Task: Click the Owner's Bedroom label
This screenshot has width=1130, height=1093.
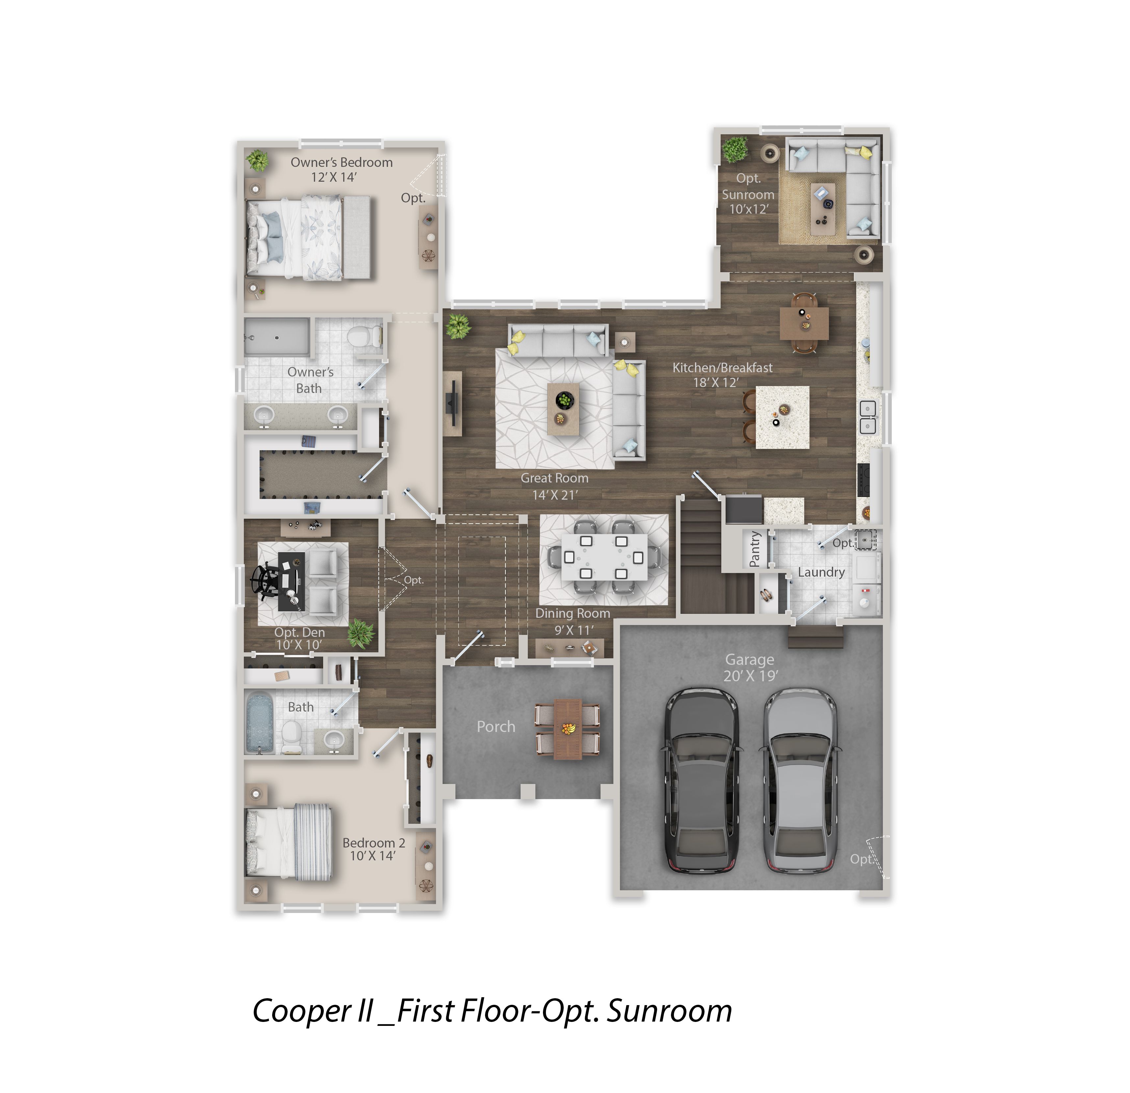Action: point(341,163)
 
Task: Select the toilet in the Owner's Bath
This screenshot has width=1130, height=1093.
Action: point(366,335)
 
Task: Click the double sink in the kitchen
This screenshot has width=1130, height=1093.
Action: point(868,417)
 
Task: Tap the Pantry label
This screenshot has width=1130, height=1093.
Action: point(755,549)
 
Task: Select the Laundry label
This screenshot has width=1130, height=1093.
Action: point(821,572)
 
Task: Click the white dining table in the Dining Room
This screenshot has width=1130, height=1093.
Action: point(603,558)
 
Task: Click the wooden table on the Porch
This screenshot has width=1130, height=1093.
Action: point(568,729)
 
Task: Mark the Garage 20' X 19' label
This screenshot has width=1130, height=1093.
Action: point(750,667)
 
